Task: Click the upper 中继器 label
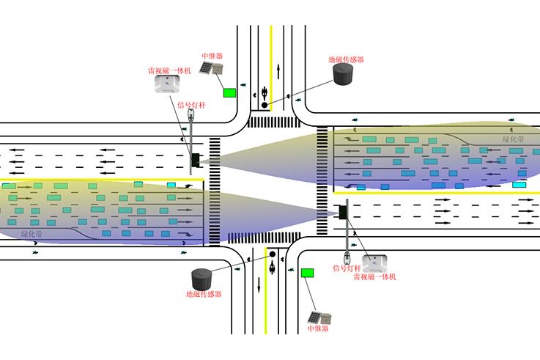(212, 55)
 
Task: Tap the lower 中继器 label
(318, 328)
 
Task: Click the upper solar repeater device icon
(213, 70)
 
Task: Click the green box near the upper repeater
(230, 92)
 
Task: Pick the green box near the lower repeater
(307, 273)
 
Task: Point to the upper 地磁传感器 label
(346, 59)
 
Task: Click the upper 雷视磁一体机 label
(169, 71)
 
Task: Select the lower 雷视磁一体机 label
(374, 276)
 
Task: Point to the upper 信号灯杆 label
(192, 105)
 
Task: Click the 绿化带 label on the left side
(32, 233)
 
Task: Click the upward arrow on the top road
(278, 71)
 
